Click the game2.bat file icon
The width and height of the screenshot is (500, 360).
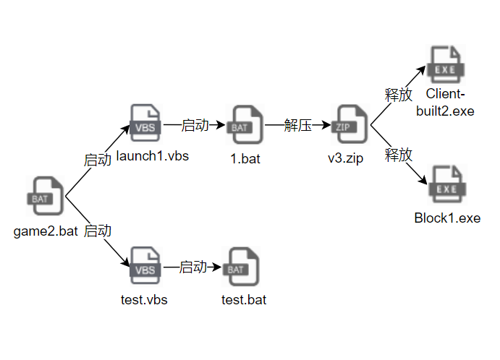46,196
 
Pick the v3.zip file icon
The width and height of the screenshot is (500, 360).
344,126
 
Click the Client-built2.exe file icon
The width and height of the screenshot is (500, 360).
446,66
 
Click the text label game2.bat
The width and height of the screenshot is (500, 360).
45,232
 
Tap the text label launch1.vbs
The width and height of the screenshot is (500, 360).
152,156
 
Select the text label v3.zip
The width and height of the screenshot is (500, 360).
345,159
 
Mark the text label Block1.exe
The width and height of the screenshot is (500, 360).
447,218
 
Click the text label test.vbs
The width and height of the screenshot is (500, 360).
144,299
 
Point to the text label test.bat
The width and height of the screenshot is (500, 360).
244,299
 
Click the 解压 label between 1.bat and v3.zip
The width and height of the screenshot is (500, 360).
298,126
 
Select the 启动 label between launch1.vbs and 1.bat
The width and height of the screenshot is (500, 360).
195,126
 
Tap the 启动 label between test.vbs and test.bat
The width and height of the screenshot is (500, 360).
192,267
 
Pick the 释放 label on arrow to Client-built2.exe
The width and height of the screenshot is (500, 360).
398,94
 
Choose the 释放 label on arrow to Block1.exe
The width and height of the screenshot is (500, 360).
398,154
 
